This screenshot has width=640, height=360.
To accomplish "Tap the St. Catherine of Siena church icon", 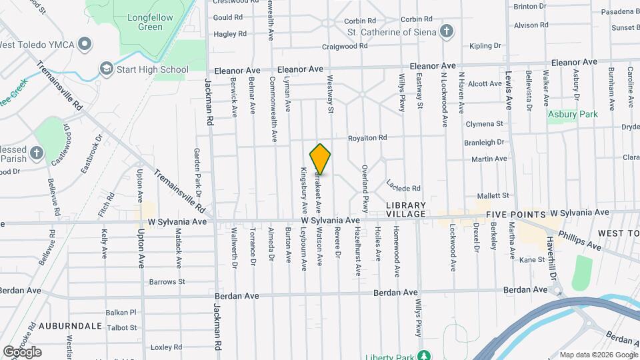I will tap(447, 31).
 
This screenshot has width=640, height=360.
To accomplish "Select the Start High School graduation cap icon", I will tap(106, 69).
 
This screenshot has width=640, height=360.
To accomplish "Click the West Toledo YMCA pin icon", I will tap(85, 45).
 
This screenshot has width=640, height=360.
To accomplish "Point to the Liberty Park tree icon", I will tap(423, 354).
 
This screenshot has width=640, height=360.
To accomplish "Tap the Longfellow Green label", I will tap(141, 22).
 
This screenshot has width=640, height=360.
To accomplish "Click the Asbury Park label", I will tap(573, 114).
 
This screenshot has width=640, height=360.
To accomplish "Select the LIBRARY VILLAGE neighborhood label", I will tap(405, 209).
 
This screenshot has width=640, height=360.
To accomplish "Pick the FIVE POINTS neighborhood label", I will tap(515, 215).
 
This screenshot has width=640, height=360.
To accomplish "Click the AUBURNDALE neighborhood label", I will tap(70, 326).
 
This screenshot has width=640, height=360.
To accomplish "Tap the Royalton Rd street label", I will tap(367, 138).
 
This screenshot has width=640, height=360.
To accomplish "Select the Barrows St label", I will tap(167, 281).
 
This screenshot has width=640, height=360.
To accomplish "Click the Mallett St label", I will tap(493, 195).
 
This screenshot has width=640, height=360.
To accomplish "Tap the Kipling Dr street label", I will tap(485, 46).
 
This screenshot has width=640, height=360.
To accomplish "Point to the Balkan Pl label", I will tap(121, 312).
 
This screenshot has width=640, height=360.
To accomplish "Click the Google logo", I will tap(22, 351).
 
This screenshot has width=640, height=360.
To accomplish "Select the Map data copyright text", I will tap(597, 354).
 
